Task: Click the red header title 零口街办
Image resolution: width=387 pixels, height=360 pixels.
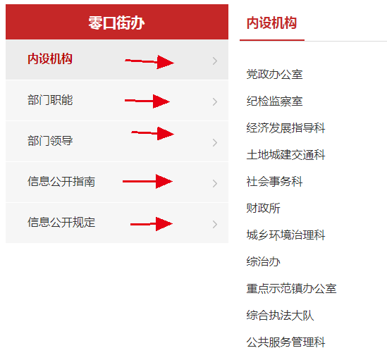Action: pyautogui.click(x=116, y=23)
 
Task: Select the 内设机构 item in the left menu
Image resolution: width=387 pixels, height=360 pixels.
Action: pyautogui.click(x=50, y=59)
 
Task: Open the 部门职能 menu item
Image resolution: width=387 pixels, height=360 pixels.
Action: pyautogui.click(x=50, y=100)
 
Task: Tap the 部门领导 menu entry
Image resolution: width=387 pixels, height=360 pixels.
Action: pyautogui.click(x=50, y=141)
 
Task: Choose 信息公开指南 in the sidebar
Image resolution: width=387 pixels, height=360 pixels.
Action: pyautogui.click(x=61, y=182)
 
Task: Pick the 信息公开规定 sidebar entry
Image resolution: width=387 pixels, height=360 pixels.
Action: pyautogui.click(x=61, y=223)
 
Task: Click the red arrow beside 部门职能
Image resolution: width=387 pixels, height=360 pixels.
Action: pyautogui.click(x=147, y=101)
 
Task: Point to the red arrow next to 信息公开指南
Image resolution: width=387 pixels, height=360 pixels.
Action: pyautogui.click(x=147, y=181)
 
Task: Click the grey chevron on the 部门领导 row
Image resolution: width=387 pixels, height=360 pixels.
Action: pyautogui.click(x=215, y=142)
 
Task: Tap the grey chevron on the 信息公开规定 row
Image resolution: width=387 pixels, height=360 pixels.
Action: pyautogui.click(x=215, y=224)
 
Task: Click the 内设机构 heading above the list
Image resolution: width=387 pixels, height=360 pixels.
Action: pyautogui.click(x=271, y=23)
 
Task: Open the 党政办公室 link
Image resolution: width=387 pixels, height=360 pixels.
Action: pyautogui.click(x=274, y=75)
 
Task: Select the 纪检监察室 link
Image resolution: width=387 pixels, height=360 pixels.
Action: pyautogui.click(x=274, y=101)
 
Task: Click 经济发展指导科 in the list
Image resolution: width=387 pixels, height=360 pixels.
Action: pyautogui.click(x=285, y=128)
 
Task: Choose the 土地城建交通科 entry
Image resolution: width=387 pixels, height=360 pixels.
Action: pyautogui.click(x=285, y=155)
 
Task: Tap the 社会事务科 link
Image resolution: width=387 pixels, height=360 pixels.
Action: pyautogui.click(x=274, y=181)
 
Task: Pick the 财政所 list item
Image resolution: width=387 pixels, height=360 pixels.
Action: pyautogui.click(x=264, y=208)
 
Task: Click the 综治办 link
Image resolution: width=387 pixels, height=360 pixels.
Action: pyautogui.click(x=264, y=261)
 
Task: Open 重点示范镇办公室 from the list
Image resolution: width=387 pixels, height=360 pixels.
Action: pyautogui.click(x=292, y=288)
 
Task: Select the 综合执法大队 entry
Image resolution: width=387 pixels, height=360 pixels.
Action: pyautogui.click(x=280, y=315)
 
